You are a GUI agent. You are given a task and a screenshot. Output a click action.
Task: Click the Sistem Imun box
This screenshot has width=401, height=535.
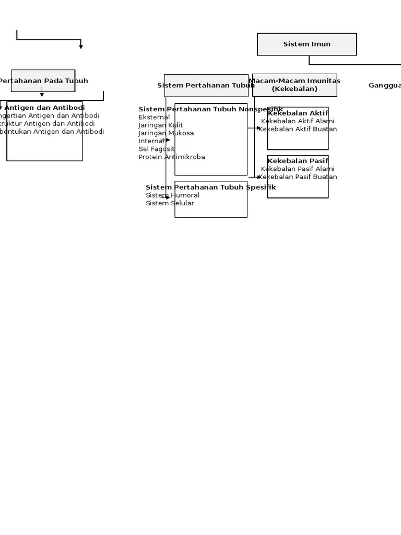pyautogui.click(x=307, y=44)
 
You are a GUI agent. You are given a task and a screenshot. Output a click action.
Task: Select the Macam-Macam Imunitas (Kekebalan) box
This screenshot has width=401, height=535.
pyautogui.click(x=294, y=85)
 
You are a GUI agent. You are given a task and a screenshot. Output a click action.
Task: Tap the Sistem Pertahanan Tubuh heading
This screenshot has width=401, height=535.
pyautogui.click(x=206, y=85)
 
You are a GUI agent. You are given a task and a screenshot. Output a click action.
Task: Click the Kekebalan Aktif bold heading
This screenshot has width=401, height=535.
pyautogui.click(x=298, y=113)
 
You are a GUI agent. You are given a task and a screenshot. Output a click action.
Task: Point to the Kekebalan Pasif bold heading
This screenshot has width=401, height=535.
pyautogui.click(x=298, y=161)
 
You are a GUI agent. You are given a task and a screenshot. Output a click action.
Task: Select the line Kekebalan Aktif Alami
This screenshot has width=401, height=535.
pyautogui.click(x=298, y=121)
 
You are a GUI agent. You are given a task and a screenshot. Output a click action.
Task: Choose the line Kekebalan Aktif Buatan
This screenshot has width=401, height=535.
pyautogui.click(x=298, y=129)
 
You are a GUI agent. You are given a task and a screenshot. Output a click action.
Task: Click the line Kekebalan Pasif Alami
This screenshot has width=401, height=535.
pyautogui.click(x=298, y=169)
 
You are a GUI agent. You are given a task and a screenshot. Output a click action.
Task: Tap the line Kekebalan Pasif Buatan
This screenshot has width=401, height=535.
pyautogui.click(x=298, y=177)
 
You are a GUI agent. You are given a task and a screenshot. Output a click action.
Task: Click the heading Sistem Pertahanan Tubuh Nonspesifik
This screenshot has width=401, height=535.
pyautogui.click(x=210, y=109)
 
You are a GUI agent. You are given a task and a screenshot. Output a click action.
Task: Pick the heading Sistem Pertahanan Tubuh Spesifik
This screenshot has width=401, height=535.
pyautogui.click(x=210, y=187)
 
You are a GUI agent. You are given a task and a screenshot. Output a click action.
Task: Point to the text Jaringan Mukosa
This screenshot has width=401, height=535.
pyautogui.click(x=166, y=133)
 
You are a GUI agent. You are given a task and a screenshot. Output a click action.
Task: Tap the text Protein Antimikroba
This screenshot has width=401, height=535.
pyautogui.click(x=172, y=157)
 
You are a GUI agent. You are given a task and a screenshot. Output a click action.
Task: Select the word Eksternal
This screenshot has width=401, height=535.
pyautogui.click(x=154, y=117)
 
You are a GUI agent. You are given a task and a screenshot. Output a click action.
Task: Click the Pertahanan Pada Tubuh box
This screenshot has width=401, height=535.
pyautogui.click(x=43, y=81)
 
